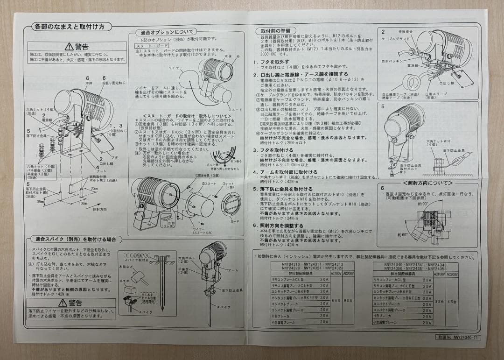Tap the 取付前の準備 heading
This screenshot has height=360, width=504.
pos(275,31)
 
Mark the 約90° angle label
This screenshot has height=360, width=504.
pos(423,204)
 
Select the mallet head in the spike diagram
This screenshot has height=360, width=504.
pos(139,277)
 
